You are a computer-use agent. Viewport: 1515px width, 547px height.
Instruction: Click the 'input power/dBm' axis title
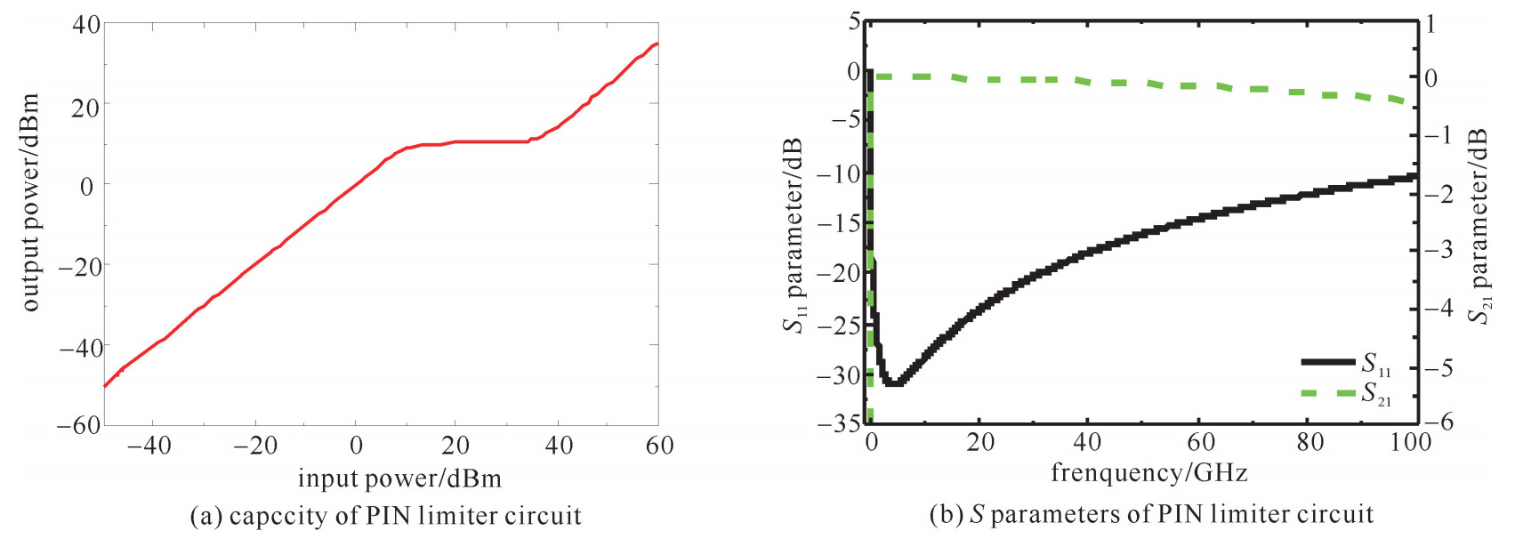point(399,479)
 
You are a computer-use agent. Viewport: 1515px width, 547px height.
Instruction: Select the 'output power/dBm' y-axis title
point(30,202)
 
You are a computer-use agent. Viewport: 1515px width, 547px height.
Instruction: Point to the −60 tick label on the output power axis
point(77,425)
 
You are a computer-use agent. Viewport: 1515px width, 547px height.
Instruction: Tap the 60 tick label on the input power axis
point(659,446)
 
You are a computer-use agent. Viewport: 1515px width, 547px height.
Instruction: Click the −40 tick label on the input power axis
point(149,446)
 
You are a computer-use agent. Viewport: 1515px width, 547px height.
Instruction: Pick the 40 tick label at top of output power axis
point(85,24)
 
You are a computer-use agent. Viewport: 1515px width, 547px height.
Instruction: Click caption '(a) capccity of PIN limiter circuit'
point(386,517)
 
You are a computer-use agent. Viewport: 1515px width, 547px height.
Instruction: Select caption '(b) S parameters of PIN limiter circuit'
point(1151,515)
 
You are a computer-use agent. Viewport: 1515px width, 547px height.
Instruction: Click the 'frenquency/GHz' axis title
point(1148,473)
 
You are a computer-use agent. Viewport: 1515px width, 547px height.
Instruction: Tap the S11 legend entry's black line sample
point(1328,362)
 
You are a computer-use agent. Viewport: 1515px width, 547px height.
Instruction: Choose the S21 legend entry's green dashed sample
point(1328,392)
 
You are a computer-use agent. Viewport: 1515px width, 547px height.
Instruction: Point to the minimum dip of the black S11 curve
point(893,382)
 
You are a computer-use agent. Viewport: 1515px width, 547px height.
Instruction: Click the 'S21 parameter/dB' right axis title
point(1478,226)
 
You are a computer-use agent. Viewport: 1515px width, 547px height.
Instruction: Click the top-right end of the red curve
point(657,44)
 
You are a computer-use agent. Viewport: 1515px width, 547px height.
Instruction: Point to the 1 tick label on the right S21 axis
point(1431,24)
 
